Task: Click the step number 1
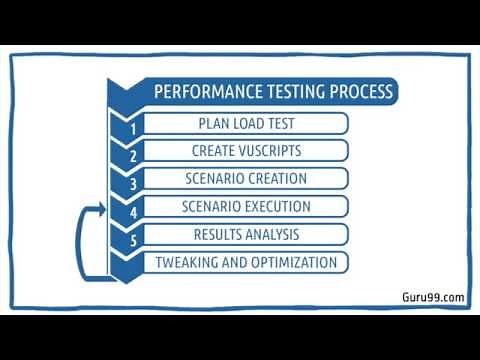tap(132, 129)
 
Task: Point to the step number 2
tap(132, 157)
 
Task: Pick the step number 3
tap(132, 185)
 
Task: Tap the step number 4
tap(132, 212)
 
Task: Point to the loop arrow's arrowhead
tap(102, 208)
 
